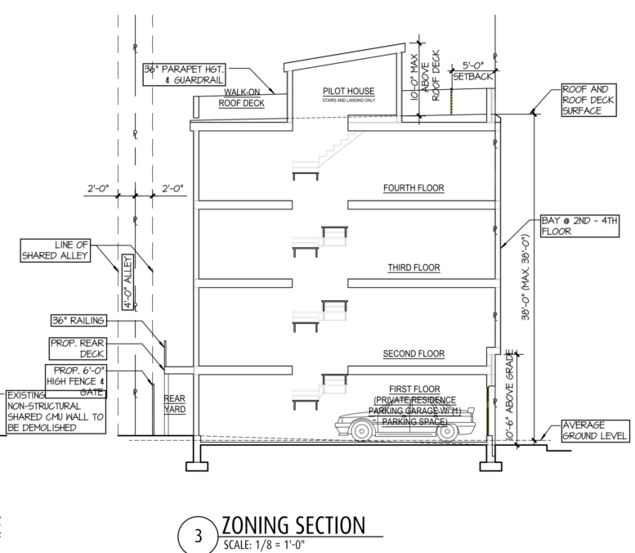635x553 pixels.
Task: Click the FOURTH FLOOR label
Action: click(414, 188)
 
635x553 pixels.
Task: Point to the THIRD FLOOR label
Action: click(414, 268)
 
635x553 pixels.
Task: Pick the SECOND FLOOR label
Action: click(414, 354)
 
